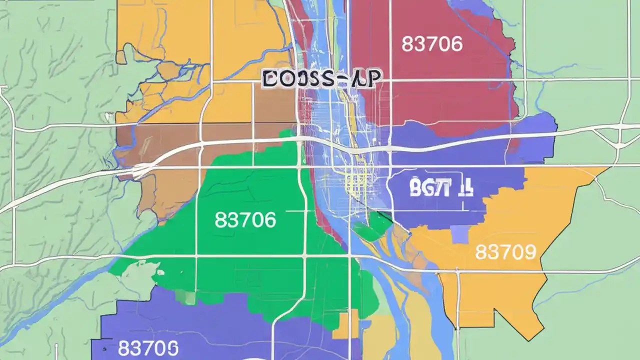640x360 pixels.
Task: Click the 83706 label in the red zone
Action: click(432, 44)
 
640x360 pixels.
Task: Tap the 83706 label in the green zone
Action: click(245, 220)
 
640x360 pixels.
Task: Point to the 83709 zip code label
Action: click(505, 252)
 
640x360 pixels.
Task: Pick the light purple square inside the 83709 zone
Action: click(460, 234)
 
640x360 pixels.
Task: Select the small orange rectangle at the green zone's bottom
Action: click(345, 326)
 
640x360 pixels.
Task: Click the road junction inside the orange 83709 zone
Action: click(457, 272)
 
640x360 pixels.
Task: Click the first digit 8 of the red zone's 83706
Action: click(407, 44)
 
